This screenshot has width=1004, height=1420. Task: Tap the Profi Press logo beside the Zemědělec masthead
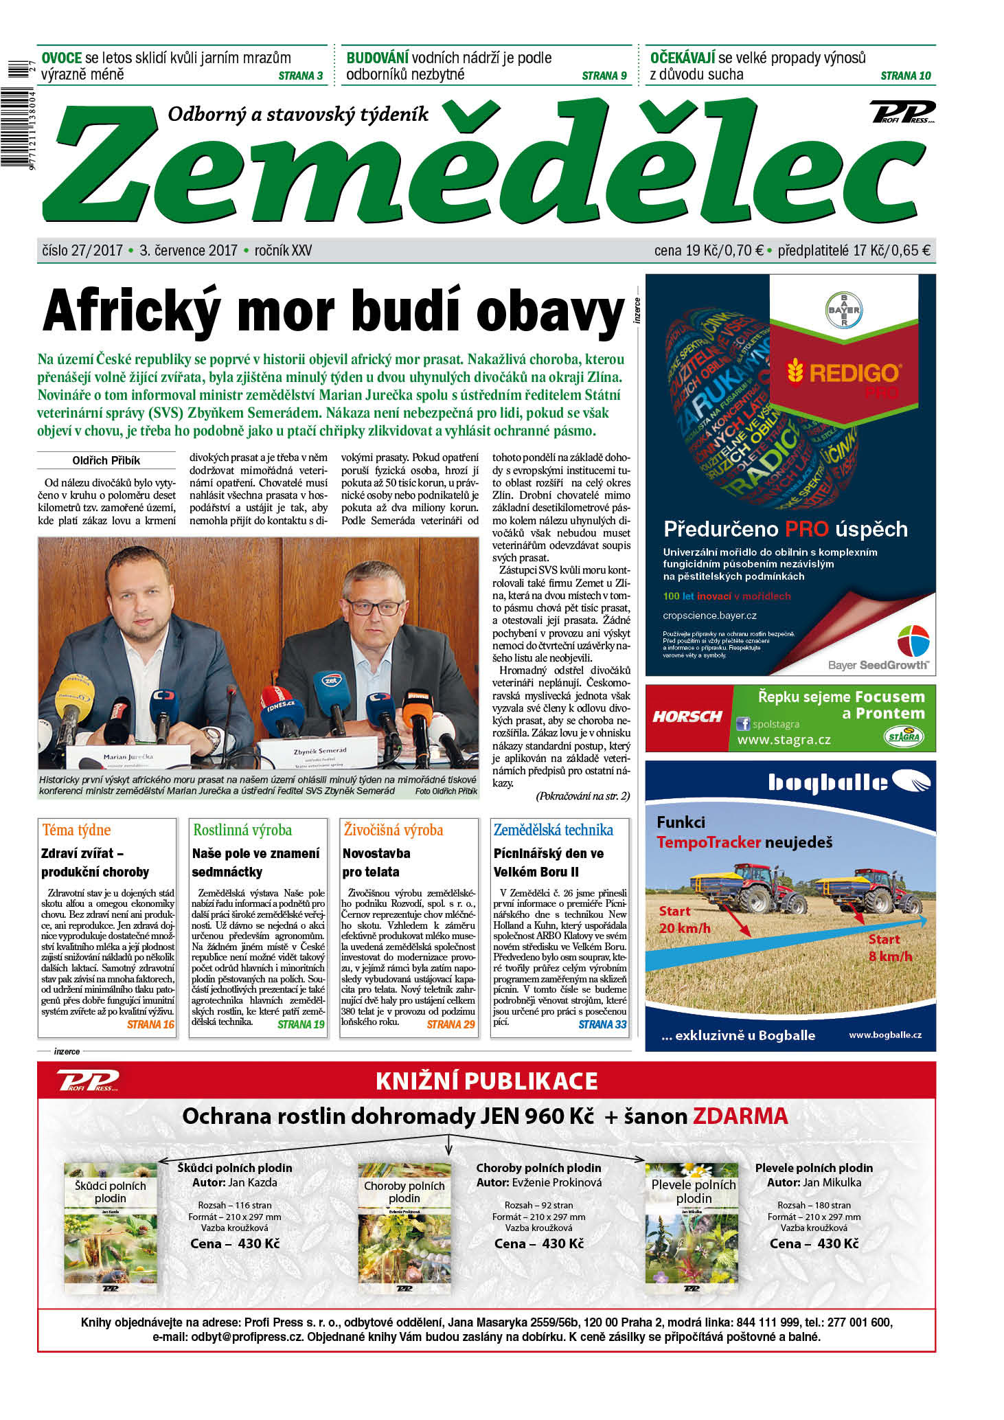click(902, 112)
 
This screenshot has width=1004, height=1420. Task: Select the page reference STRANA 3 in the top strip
click(300, 76)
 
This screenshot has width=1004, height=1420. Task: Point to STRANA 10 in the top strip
click(905, 76)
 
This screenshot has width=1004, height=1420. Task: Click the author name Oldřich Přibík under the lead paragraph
click(106, 460)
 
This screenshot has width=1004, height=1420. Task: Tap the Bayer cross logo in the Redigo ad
click(843, 310)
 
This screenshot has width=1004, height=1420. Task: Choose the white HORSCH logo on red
click(687, 717)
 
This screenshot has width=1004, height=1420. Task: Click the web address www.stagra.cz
click(784, 740)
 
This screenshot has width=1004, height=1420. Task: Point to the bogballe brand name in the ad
click(828, 782)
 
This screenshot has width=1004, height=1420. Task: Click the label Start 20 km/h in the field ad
click(684, 920)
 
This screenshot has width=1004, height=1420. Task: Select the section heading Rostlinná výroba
click(242, 830)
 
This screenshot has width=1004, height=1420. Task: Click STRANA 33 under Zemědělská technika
click(602, 1024)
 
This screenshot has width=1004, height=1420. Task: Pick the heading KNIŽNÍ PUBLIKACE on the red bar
click(486, 1081)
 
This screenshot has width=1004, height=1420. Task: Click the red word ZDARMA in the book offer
click(740, 1116)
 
